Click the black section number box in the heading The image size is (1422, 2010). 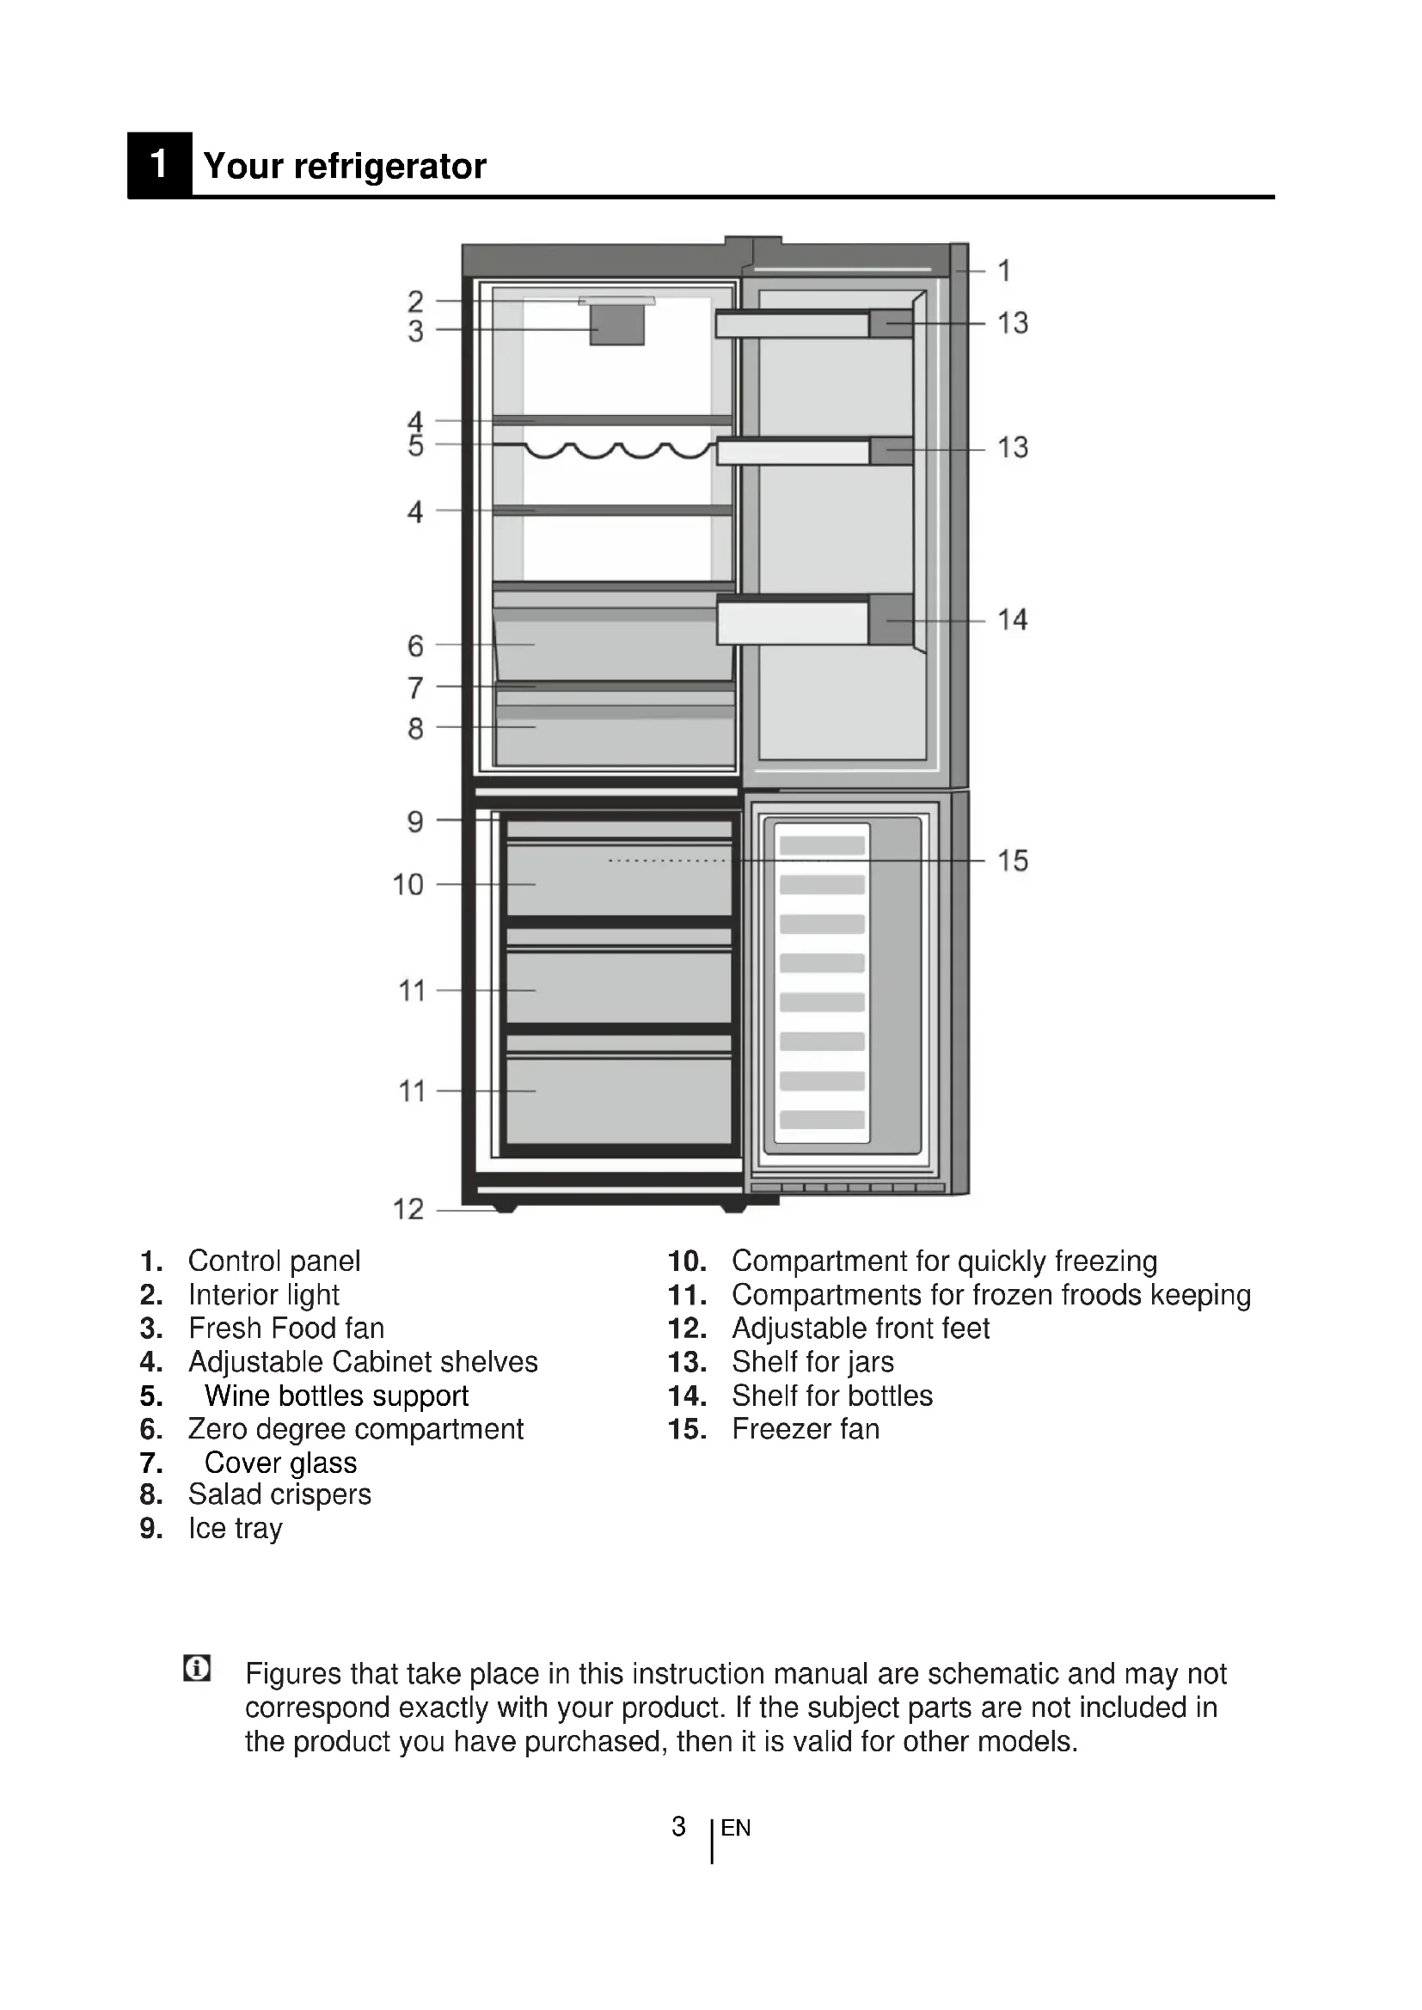158,165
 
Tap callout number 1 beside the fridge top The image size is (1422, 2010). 1004,271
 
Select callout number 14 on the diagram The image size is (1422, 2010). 1012,620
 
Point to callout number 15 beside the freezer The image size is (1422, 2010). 1012,860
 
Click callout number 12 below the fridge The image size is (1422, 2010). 408,1209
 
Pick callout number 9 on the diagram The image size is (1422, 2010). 415,822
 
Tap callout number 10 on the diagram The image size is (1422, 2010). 408,884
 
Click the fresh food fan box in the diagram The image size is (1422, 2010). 617,325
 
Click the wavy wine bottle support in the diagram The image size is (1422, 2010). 618,451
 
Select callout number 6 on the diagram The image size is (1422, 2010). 415,646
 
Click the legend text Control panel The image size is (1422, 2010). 274,1261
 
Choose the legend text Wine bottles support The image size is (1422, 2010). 336,1396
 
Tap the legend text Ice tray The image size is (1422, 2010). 236,1529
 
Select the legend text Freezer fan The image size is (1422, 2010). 806,1429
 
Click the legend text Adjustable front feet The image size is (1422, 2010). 861,1328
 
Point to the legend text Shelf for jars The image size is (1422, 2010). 812,1362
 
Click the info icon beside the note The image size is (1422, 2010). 197,1668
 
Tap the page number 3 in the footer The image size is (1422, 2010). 678,1826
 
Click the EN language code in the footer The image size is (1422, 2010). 736,1828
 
